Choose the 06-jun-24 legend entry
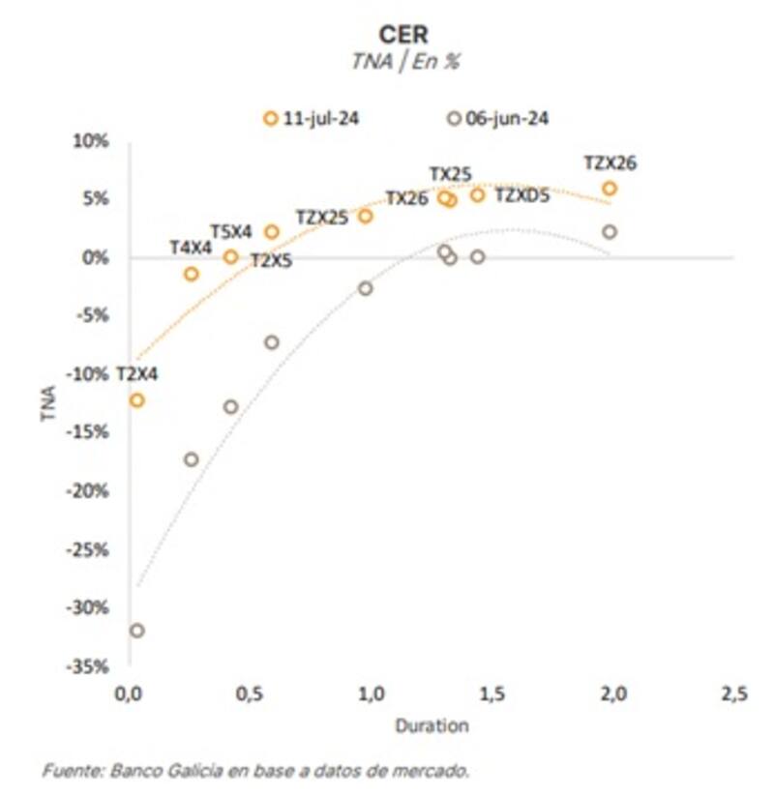pyautogui.click(x=497, y=118)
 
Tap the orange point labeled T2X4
pyautogui.click(x=136, y=399)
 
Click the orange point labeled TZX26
pyautogui.click(x=610, y=189)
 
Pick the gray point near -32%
pyautogui.click(x=136, y=630)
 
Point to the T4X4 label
pyautogui.click(x=190, y=248)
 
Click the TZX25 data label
pyautogui.click(x=321, y=218)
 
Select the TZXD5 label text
pyautogui.click(x=522, y=196)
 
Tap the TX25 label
pyautogui.click(x=451, y=174)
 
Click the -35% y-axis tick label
pyautogui.click(x=89, y=666)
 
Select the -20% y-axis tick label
pyautogui.click(x=89, y=491)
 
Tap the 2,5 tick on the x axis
pyautogui.click(x=733, y=694)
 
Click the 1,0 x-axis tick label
pyautogui.click(x=371, y=694)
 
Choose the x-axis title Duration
pyautogui.click(x=431, y=724)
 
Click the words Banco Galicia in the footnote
pyautogui.click(x=147, y=771)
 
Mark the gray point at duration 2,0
pyautogui.click(x=610, y=232)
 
